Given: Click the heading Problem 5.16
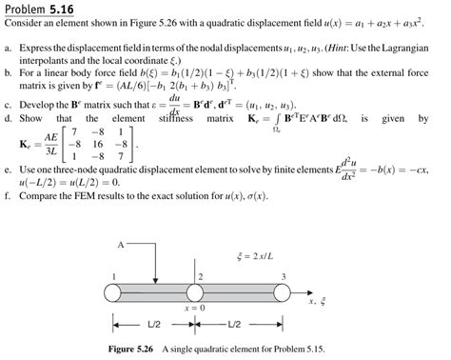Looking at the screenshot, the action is [x=40, y=10].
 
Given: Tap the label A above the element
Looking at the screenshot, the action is [x=121, y=246].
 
